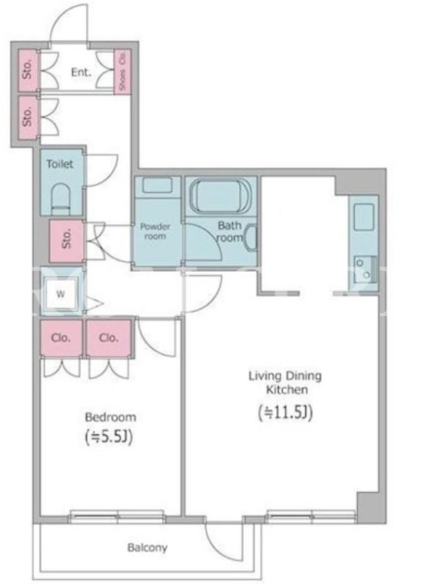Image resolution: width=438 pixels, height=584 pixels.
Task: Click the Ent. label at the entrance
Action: tap(81, 72)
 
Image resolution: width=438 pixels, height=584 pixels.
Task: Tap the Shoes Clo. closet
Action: tap(122, 71)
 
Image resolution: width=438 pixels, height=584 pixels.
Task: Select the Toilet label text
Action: tap(60, 164)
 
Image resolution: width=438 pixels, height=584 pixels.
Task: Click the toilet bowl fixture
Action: tap(61, 199)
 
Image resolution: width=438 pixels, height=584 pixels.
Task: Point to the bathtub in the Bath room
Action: tap(220, 196)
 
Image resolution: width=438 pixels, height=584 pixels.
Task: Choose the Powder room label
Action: tap(155, 231)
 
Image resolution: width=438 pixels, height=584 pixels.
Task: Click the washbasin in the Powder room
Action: tap(157, 185)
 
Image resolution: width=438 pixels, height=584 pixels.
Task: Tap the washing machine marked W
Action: tap(61, 294)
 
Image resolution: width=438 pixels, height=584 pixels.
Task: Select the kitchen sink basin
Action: tap(364, 217)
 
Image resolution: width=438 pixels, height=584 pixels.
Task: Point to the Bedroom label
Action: tap(111, 417)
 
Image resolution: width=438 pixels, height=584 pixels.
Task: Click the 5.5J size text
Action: tap(109, 437)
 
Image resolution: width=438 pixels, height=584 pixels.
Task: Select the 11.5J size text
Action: tap(285, 412)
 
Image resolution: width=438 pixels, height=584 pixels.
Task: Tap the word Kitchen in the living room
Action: tap(287, 390)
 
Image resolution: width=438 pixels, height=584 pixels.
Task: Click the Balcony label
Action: tap(147, 547)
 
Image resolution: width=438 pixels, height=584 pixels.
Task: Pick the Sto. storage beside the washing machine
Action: tap(66, 240)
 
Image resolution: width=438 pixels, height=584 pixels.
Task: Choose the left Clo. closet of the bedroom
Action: tap(61, 338)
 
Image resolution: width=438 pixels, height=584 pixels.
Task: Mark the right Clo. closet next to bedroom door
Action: tap(109, 338)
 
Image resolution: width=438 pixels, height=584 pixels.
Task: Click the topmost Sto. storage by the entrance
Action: tap(28, 69)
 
